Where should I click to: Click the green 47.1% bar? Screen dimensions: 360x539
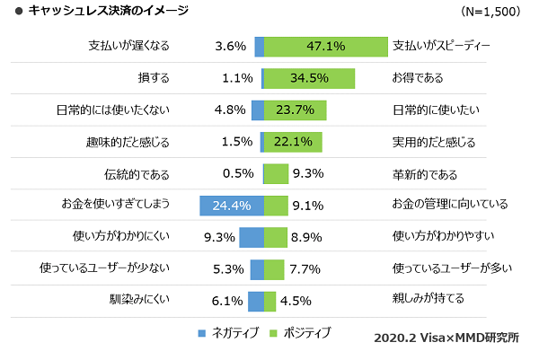pyautogui.click(x=325, y=47)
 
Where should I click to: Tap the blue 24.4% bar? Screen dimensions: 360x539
pyautogui.click(x=232, y=206)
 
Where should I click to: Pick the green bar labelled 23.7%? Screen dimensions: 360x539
pyautogui.click(x=295, y=110)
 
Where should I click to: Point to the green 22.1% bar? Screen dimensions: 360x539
pyautogui.click(x=293, y=142)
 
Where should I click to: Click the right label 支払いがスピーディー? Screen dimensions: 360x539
pyautogui.click(x=442, y=46)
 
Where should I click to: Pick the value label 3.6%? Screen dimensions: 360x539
pyautogui.click(x=231, y=47)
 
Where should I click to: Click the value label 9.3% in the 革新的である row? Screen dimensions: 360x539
pyautogui.click(x=308, y=174)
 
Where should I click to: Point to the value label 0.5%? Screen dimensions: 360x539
pyautogui.click(x=237, y=174)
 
